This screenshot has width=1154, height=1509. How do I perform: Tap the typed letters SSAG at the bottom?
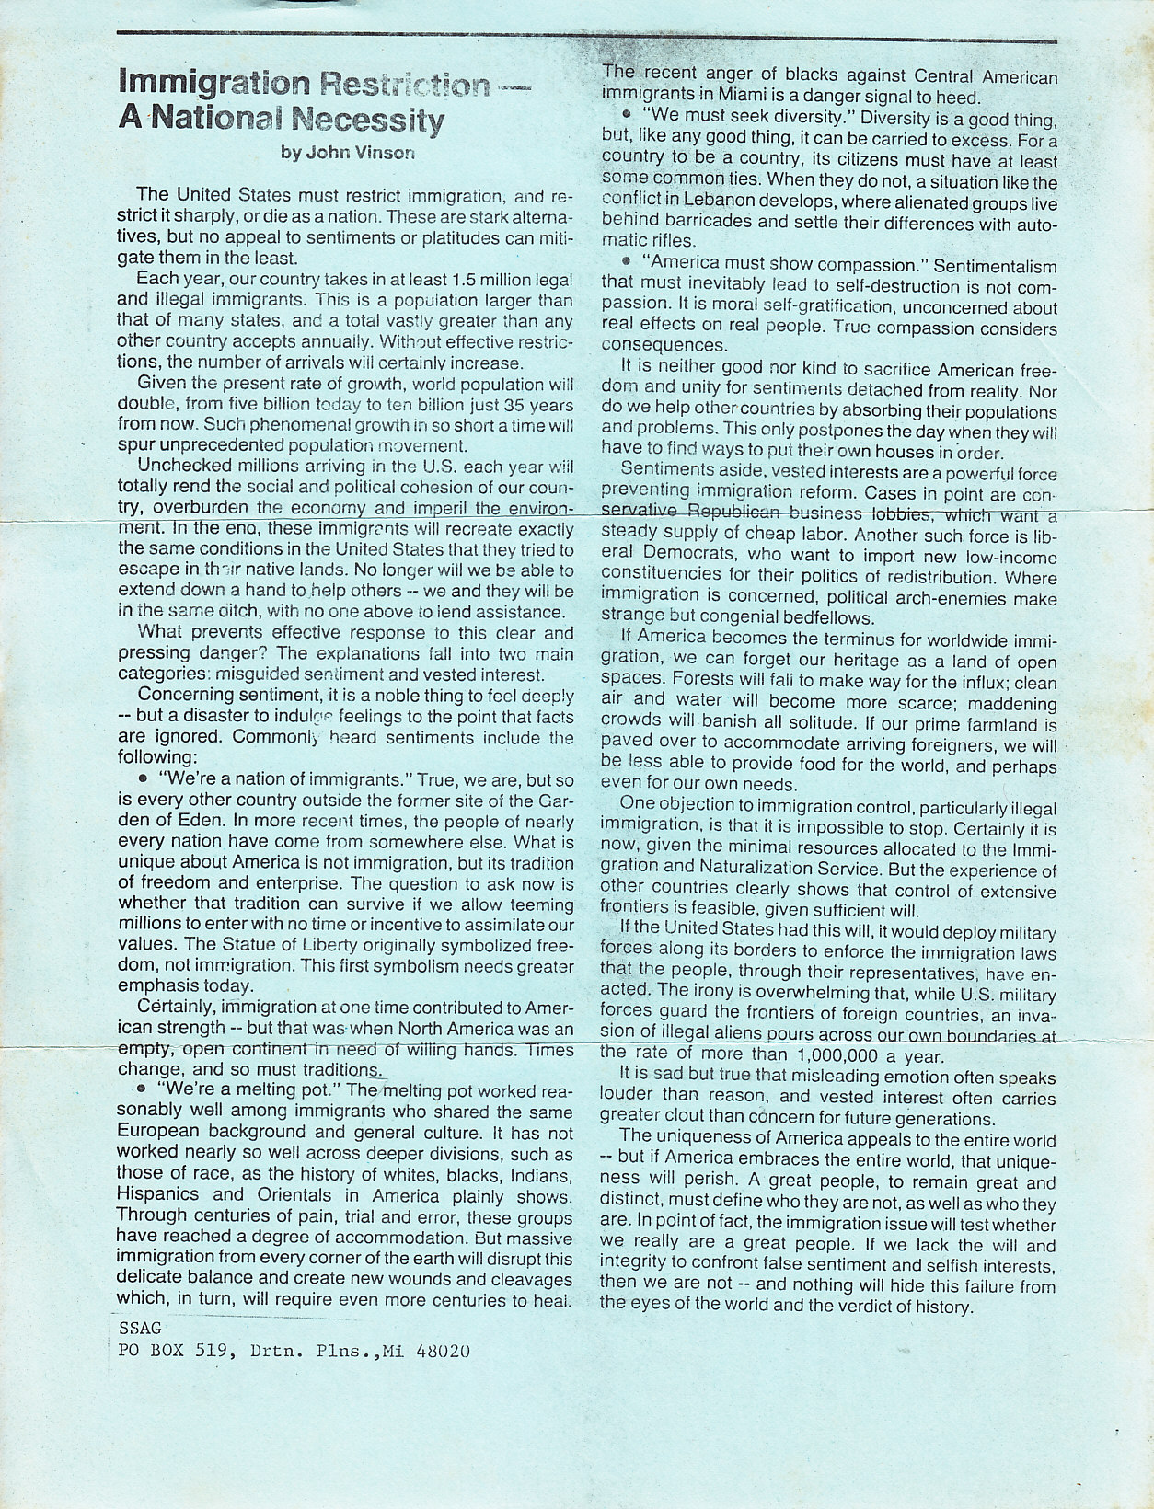coord(140,1328)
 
